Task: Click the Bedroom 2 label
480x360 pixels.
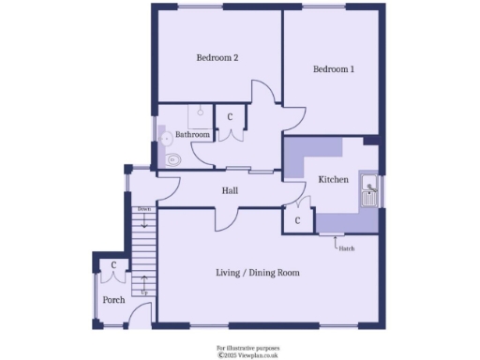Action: point(217,58)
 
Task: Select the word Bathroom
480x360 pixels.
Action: point(193,135)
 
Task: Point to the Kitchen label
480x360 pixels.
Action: point(334,179)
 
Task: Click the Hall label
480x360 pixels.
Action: point(230,191)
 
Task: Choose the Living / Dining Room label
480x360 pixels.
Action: point(258,273)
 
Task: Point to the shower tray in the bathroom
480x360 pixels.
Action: point(200,114)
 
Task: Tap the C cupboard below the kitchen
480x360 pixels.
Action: point(297,220)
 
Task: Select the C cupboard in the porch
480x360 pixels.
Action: point(113,266)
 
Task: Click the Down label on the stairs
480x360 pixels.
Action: point(143,208)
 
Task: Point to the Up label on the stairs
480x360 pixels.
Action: point(143,293)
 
